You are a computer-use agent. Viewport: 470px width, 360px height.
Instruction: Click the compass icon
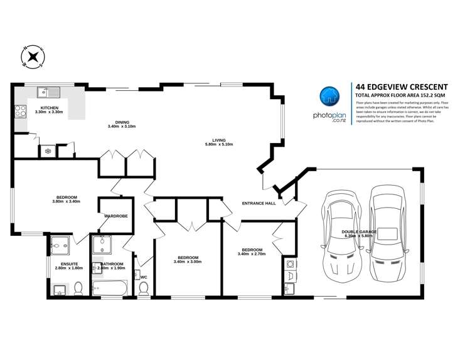pos(33,58)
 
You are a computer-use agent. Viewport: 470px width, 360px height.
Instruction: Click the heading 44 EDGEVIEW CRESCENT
pos(401,87)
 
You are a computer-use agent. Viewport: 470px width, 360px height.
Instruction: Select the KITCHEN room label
pos(50,109)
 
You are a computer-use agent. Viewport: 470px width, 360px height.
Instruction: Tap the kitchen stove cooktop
pos(20,112)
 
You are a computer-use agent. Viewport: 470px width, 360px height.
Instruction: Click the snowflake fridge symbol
pos(46,151)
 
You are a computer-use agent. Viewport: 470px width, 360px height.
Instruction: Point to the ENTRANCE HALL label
pos(259,204)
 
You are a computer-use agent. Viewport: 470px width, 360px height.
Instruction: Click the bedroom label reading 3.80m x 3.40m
pos(66,199)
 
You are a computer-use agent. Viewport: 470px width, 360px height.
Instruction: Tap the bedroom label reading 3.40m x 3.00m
pos(188,260)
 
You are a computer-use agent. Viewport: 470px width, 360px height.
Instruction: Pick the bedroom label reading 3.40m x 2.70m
pos(252,252)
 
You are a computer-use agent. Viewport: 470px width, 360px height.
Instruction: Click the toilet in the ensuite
pos(78,288)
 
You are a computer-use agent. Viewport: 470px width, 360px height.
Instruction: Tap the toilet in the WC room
pos(143,288)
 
